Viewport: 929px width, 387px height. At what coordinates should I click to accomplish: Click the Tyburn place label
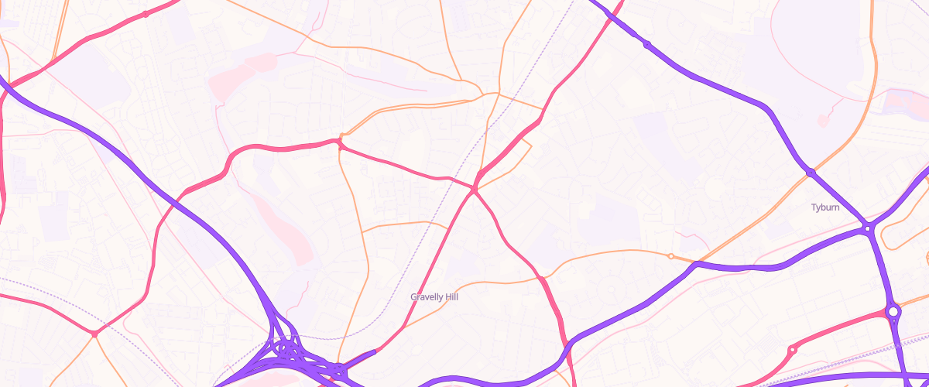825,207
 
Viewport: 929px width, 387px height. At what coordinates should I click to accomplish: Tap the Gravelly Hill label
440,296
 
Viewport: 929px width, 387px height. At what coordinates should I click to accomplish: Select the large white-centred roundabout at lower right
893,312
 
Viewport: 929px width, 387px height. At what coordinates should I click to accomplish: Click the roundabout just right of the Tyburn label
868,228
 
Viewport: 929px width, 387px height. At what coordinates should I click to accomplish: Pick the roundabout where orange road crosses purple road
810,172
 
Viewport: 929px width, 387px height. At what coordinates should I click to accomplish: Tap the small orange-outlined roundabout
670,256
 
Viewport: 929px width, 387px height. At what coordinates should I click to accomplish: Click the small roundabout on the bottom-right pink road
792,351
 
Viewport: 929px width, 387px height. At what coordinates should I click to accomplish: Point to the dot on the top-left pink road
145,14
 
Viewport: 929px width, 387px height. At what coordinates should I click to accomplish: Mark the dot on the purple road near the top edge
646,44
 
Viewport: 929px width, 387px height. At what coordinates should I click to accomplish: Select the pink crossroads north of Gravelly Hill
474,188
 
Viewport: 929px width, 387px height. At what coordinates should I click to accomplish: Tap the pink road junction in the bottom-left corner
94,334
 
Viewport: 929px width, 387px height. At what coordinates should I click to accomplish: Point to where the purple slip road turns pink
375,352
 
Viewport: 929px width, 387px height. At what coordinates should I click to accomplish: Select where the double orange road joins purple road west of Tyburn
696,264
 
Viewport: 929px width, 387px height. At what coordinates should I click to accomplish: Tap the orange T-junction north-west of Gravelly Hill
362,231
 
